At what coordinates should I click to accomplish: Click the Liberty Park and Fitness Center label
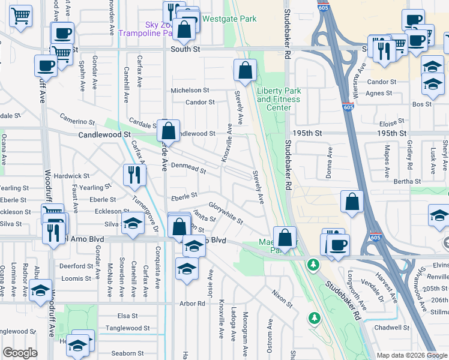278,99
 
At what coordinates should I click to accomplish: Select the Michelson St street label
190,90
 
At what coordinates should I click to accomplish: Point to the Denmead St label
188,167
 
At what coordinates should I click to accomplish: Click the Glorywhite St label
225,213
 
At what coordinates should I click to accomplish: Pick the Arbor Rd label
192,304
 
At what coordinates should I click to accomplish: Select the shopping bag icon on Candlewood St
170,130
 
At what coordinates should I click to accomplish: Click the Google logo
20,353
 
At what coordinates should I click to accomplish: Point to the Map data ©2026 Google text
412,355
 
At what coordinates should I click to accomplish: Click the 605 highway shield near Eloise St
348,107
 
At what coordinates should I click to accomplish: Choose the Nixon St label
281,296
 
